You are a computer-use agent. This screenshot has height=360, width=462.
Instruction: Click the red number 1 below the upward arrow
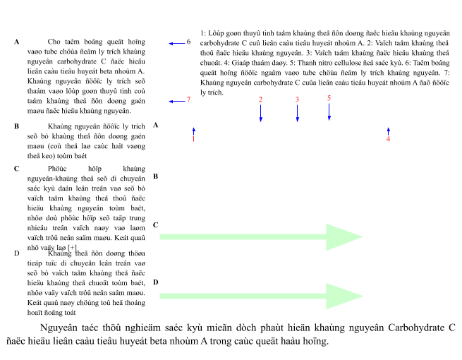click(193, 139)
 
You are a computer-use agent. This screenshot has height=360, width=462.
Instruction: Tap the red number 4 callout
click(388, 139)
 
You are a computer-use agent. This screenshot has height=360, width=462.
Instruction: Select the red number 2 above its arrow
click(260, 100)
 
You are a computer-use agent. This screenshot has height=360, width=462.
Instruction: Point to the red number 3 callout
click(297, 100)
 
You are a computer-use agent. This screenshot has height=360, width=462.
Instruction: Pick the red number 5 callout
click(329, 98)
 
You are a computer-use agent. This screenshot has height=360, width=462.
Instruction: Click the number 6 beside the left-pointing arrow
click(188, 42)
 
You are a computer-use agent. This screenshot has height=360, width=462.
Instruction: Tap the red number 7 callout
click(188, 100)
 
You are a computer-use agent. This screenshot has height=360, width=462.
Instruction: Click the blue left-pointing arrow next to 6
click(177, 44)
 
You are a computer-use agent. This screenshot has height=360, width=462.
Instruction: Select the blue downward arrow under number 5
click(329, 112)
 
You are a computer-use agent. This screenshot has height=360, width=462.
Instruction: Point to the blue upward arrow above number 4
click(389, 131)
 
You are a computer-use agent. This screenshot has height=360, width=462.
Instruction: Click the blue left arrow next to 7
click(177, 102)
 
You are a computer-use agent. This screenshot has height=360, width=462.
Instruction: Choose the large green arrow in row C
click(261, 237)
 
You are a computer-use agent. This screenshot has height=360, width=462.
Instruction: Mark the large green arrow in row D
click(261, 296)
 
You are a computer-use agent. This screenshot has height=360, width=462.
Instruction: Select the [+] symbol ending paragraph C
click(72, 248)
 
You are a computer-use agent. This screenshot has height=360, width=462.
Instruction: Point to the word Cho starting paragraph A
click(54, 42)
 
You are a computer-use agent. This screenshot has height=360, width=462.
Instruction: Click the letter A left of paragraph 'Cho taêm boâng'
click(17, 42)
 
